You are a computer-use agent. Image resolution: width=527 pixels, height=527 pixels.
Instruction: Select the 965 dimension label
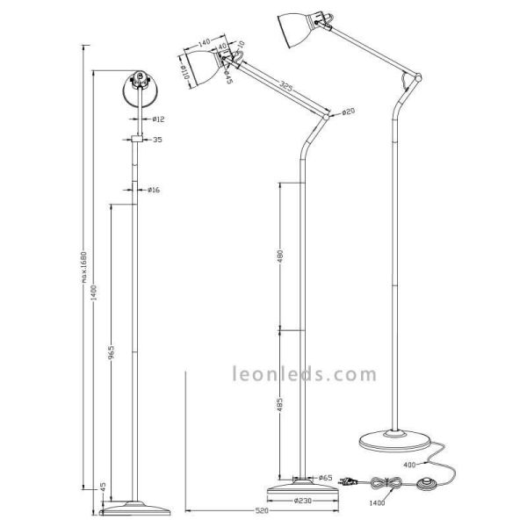tap(109, 352)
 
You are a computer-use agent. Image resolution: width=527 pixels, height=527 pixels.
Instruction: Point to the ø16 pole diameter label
tap(153, 189)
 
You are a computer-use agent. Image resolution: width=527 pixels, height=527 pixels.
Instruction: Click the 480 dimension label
tap(280, 256)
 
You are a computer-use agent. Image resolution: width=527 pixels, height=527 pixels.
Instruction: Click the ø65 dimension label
tap(324, 478)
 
